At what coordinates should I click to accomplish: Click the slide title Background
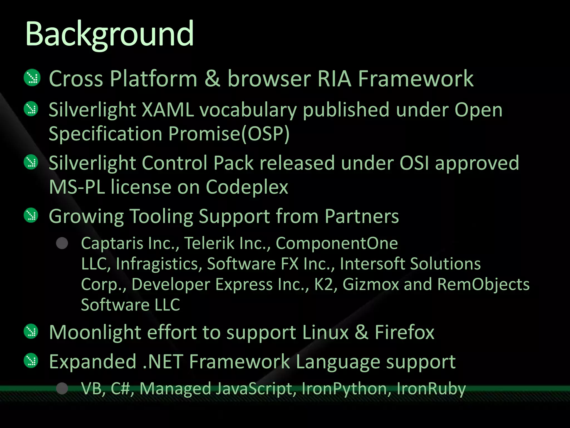tap(109, 34)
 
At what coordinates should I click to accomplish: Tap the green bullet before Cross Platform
tap(32, 77)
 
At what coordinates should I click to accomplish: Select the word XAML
tap(168, 110)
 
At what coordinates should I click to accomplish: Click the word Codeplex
tap(247, 187)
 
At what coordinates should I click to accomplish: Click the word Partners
tap(362, 216)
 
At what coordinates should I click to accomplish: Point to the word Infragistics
tap(159, 264)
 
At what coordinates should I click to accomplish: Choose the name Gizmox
tap(371, 284)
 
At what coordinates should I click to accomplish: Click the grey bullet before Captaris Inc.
tap(62, 243)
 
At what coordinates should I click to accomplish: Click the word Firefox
tap(404, 332)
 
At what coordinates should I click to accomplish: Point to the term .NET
tap(163, 362)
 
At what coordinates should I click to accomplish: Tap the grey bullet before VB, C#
tap(62, 388)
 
